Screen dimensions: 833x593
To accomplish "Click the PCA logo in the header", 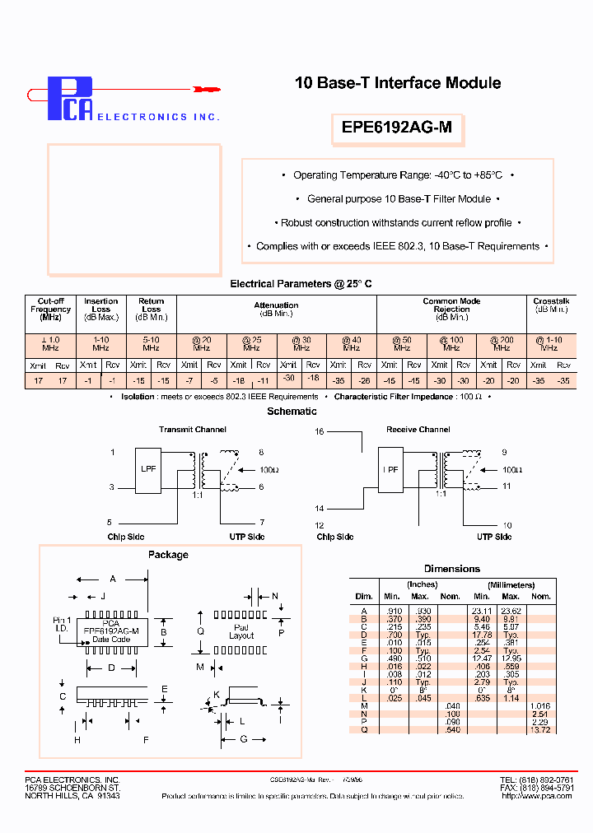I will coord(70,99).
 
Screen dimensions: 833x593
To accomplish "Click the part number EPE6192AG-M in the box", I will coord(396,128).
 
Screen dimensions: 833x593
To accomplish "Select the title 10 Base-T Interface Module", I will coord(398,82).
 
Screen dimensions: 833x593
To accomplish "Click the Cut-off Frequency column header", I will coord(50,309).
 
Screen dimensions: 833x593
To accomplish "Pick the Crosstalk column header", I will coord(551,305).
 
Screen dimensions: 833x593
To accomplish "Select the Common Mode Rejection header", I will coord(452,309).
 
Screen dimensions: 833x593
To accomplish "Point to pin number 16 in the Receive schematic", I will coord(320,430).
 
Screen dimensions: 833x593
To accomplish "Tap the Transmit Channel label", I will coord(192,429).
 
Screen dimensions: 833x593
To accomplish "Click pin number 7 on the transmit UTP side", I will coord(262,523).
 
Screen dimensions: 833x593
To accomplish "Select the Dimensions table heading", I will coord(451,569).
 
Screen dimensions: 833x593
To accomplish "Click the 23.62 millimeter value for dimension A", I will coord(510,611).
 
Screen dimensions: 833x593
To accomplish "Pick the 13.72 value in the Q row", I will coord(540,730).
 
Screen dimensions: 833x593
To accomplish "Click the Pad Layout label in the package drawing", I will coord(241,631).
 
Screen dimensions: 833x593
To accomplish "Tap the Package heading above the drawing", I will coord(168,555).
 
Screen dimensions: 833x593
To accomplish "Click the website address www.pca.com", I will coord(537,796).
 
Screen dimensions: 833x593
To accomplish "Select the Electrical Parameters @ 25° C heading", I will coord(301,284).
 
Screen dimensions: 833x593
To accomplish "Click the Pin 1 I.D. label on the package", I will coord(63,624).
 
